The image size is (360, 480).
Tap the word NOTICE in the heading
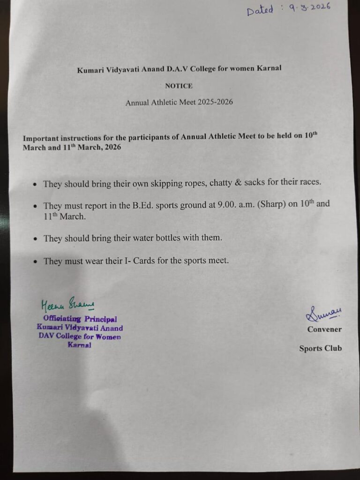[x=179, y=86]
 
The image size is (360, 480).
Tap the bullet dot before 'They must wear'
[x=36, y=261]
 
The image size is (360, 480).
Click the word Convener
[x=324, y=330]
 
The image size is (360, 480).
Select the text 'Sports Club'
[x=321, y=348]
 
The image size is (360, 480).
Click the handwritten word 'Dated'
[x=261, y=11]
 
